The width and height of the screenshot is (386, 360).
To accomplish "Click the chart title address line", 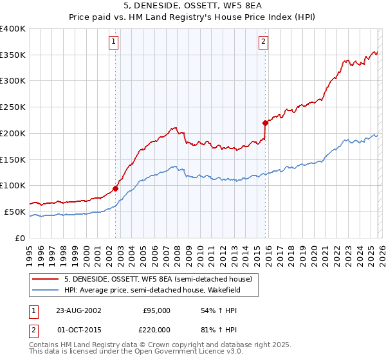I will point(193,6).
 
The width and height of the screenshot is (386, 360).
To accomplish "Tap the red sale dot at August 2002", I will point(116,188).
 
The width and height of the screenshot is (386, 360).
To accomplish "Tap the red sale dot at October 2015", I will point(265,122).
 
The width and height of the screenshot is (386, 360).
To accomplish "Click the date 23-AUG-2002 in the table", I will point(78,310).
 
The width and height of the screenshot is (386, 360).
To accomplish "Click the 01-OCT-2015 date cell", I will point(78,330).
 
